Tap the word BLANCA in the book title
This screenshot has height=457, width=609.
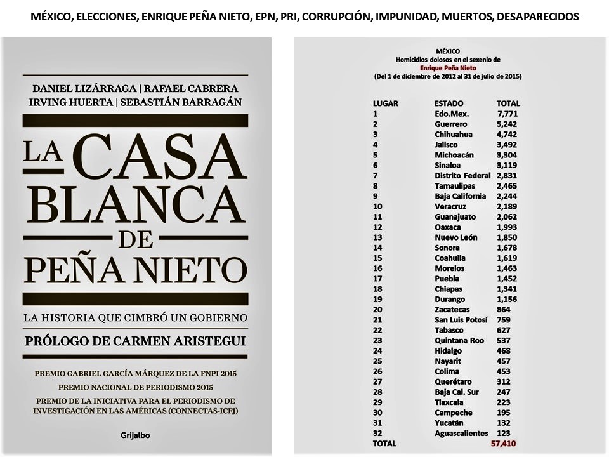tap(135, 205)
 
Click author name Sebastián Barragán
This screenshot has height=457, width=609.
tap(188, 103)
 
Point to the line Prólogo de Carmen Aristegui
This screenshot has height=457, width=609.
tap(134, 341)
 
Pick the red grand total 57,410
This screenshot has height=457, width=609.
tap(505, 443)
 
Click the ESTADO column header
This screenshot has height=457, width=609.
tap(449, 103)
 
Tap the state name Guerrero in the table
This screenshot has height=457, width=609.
tap(451, 124)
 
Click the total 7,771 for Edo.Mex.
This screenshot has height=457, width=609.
tap(507, 114)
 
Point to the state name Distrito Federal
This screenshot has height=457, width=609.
tap(462, 175)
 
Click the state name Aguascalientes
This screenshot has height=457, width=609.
tap(462, 433)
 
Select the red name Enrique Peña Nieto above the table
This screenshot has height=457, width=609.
tap(448, 67)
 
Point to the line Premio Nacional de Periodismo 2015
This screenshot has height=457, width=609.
tap(134, 386)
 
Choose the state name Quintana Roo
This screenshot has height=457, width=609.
tap(459, 340)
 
